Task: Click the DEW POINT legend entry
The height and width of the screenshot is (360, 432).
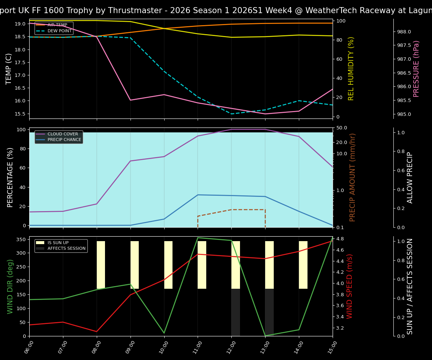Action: click(x=59, y=31)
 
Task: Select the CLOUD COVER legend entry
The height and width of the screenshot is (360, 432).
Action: click(x=63, y=134)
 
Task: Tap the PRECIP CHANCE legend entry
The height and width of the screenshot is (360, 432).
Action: click(x=64, y=140)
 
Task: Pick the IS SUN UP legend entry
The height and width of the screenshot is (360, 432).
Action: click(x=58, y=243)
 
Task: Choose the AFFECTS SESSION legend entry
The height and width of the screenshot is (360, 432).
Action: click(x=66, y=249)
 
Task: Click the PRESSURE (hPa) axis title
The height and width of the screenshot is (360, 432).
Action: click(x=416, y=69)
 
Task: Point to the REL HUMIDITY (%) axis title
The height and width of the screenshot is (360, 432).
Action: click(x=351, y=69)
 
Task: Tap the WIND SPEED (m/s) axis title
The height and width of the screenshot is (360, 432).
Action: click(x=349, y=286)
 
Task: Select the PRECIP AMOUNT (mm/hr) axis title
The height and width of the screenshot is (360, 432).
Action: click(x=352, y=177)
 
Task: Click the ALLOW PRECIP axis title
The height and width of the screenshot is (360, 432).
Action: click(x=410, y=177)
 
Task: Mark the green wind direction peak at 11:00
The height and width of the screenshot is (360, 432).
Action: click(x=198, y=238)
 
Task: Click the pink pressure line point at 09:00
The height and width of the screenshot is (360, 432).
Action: click(x=130, y=100)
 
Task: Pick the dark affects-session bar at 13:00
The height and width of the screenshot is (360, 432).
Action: click(x=269, y=312)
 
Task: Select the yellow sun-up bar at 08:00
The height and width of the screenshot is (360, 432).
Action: click(x=101, y=265)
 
